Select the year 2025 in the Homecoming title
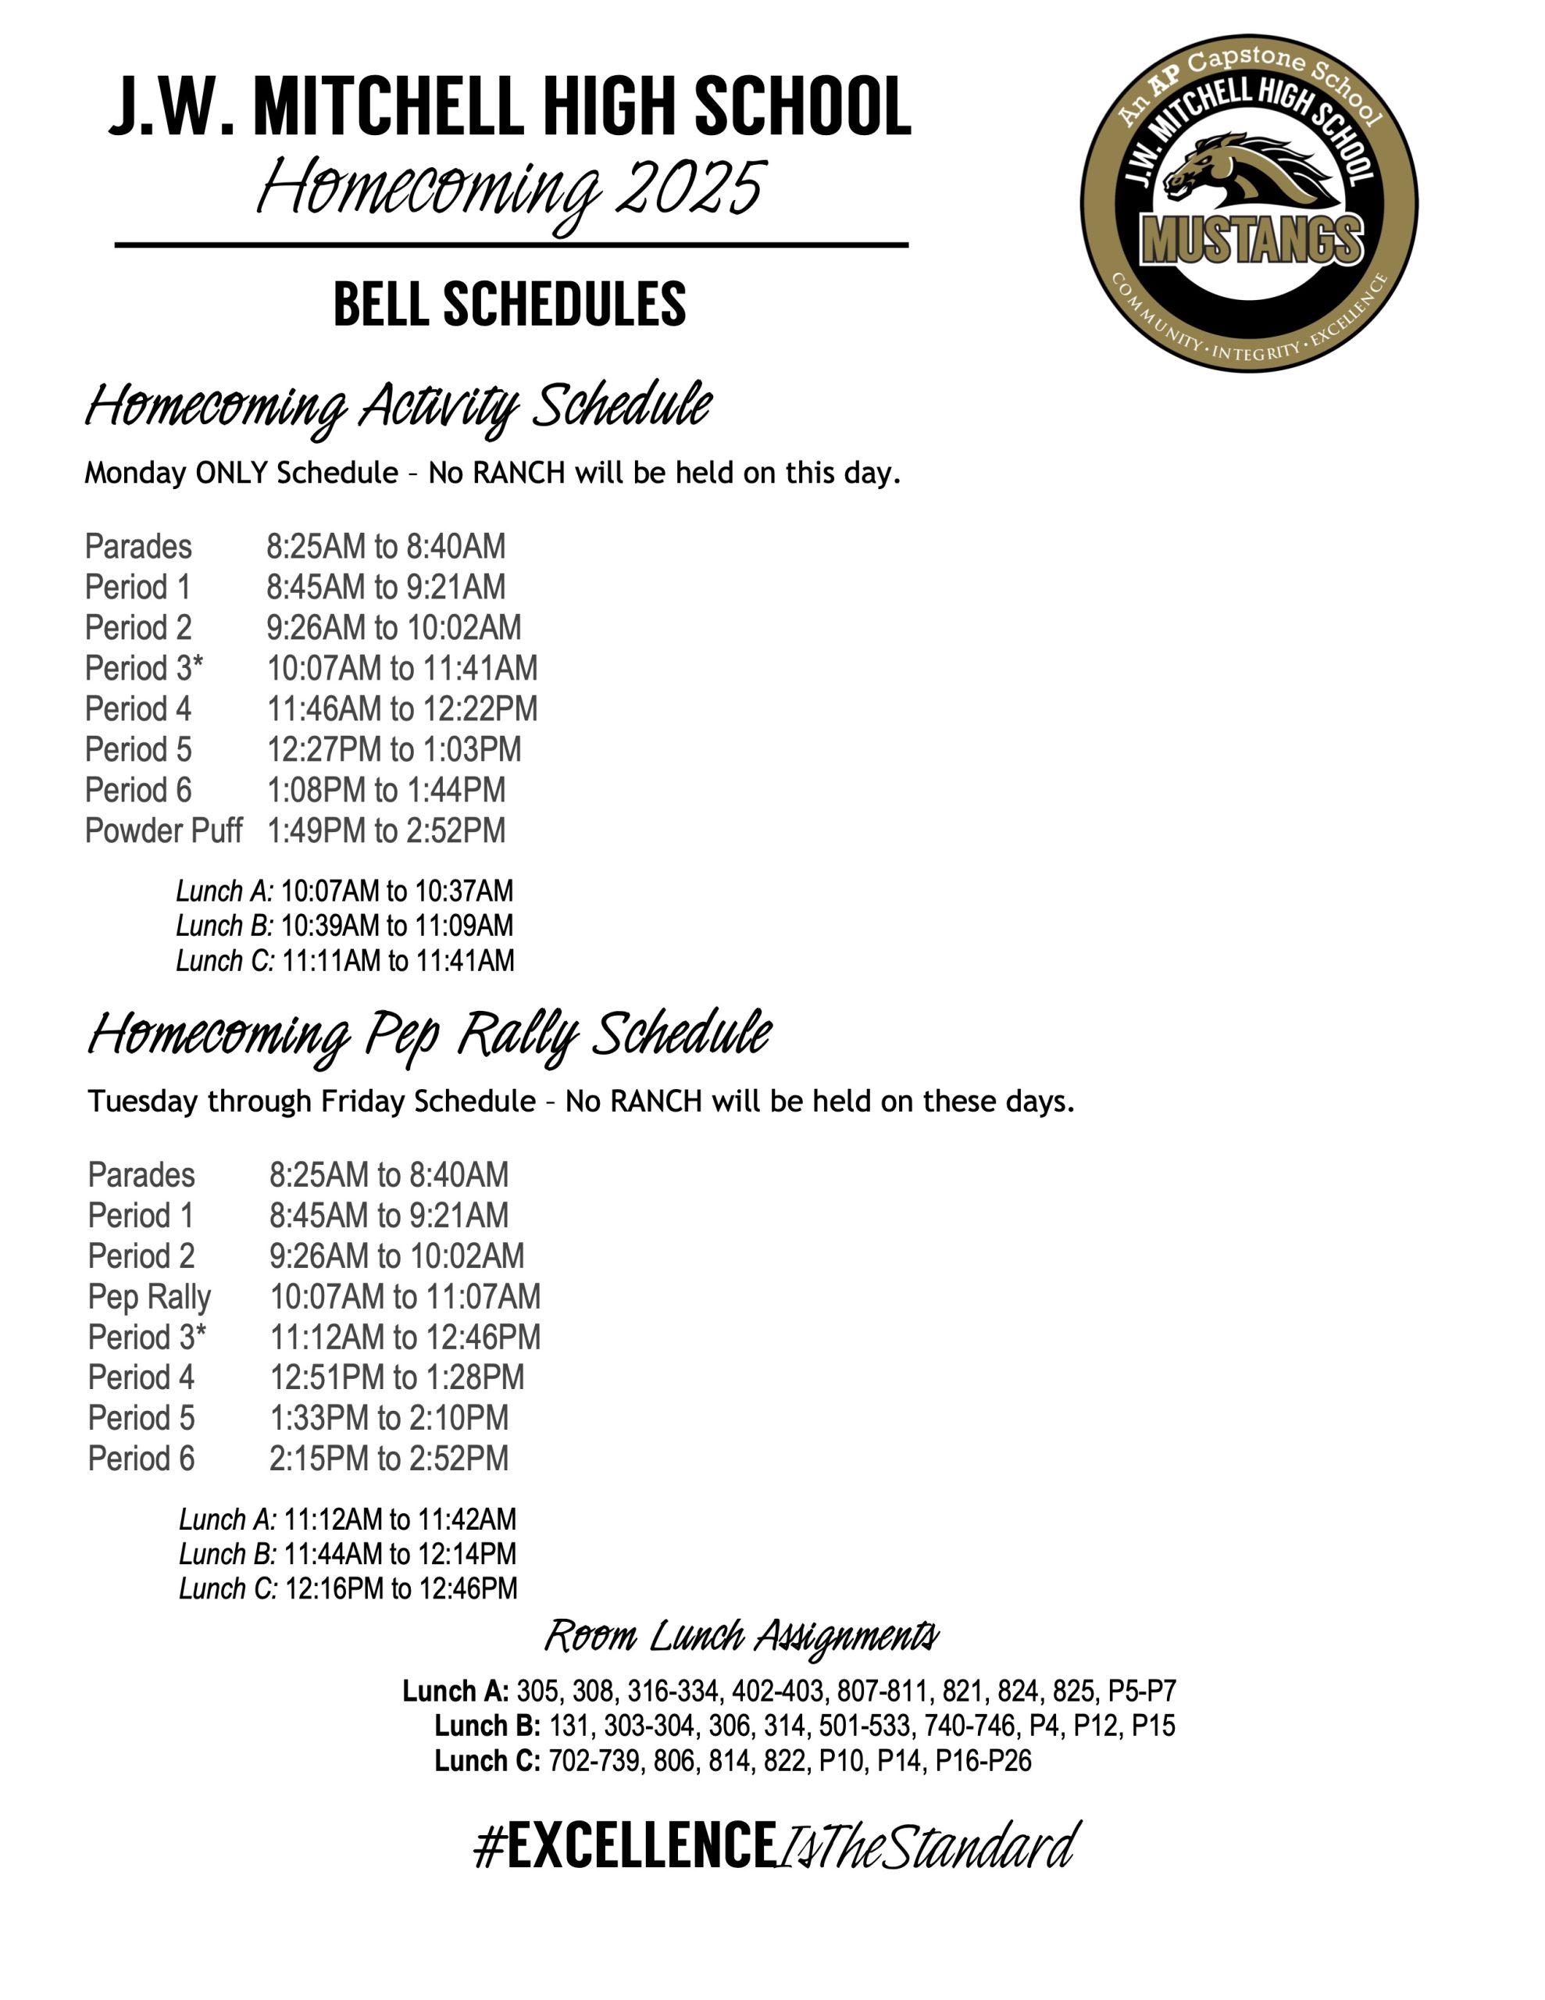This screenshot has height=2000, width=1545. (690, 188)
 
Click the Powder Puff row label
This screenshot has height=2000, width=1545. (163, 830)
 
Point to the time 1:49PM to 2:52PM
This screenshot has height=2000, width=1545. (386, 830)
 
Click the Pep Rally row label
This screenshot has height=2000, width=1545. (149, 1297)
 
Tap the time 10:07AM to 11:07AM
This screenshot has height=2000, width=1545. (405, 1297)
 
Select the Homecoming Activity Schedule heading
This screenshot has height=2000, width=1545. (398, 405)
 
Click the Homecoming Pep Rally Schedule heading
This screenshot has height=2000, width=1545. (430, 1035)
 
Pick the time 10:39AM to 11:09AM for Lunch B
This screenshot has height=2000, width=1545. (397, 926)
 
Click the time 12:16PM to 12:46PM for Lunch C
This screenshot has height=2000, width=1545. (401, 1588)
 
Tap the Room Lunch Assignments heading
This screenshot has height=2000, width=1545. (742, 1637)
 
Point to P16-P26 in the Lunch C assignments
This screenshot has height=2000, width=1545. (983, 1760)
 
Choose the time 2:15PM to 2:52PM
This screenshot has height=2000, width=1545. (388, 1458)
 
